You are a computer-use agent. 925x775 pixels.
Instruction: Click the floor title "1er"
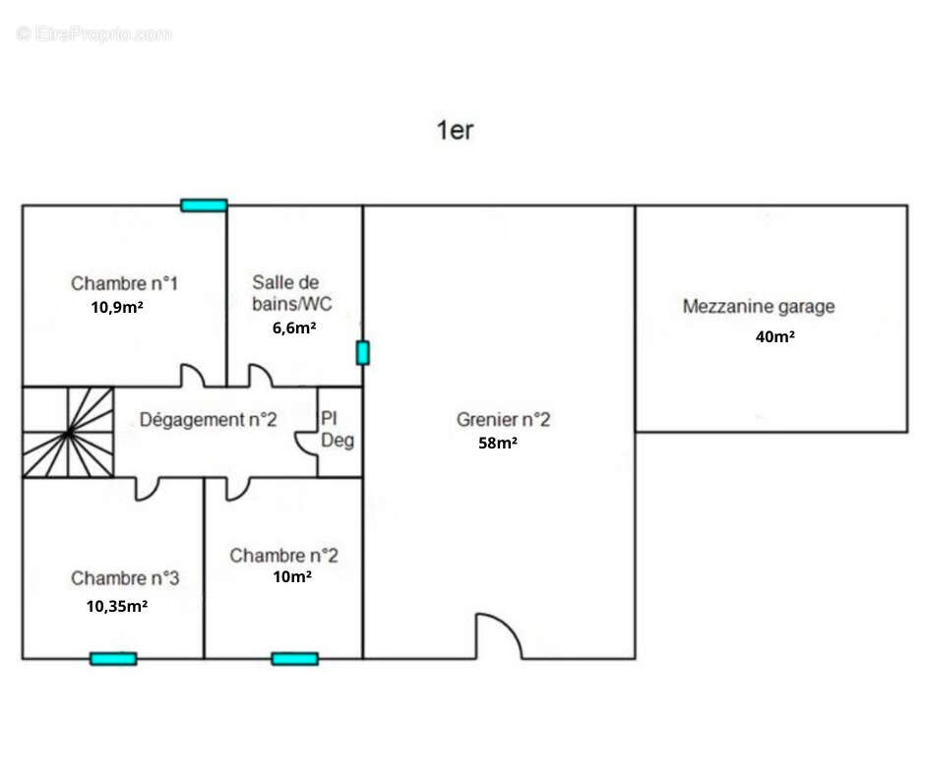point(455,130)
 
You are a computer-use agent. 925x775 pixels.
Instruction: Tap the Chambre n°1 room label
point(124,283)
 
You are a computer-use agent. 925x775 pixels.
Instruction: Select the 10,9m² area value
point(118,306)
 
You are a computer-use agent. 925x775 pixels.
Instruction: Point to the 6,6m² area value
point(294,328)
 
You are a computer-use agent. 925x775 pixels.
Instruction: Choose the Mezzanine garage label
point(759,306)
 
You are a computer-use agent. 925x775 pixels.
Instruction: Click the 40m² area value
point(774,336)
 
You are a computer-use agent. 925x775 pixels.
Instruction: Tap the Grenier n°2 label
point(503,420)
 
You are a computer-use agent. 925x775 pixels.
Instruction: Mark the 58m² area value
point(497,444)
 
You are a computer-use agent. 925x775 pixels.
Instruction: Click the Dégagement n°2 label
point(209,420)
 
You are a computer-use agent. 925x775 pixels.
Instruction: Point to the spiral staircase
point(68,433)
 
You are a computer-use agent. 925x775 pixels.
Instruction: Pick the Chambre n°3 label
point(125,578)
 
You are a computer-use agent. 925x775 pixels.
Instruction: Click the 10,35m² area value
point(117,606)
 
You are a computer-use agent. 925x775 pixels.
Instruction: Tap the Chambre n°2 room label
point(283,556)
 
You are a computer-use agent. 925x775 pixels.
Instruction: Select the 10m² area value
point(292,577)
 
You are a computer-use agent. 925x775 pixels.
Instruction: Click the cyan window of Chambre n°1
point(204,206)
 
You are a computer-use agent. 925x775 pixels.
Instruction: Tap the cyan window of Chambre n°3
point(113,658)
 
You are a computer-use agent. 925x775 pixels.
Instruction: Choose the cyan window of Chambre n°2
point(294,658)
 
